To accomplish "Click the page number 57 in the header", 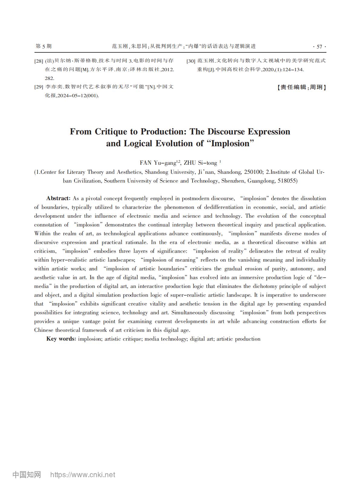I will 319,47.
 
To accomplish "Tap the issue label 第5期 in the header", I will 44,46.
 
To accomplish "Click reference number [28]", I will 39,61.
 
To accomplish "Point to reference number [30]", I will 191,61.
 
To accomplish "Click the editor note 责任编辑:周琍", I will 301,88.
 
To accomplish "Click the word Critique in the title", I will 110,132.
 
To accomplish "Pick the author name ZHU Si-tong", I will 200,163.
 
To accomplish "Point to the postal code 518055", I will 286,181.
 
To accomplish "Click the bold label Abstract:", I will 58,199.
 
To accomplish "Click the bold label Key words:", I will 61,339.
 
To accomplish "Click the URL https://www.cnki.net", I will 83,475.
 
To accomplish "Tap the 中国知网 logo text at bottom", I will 27,475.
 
